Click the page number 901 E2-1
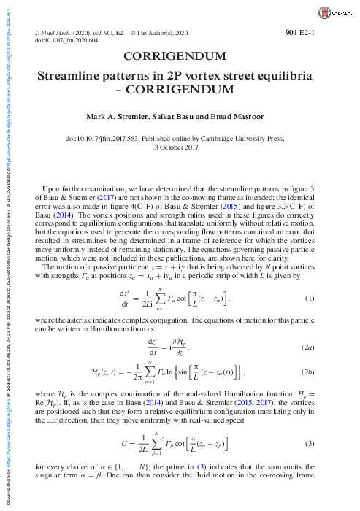coord(318,32)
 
